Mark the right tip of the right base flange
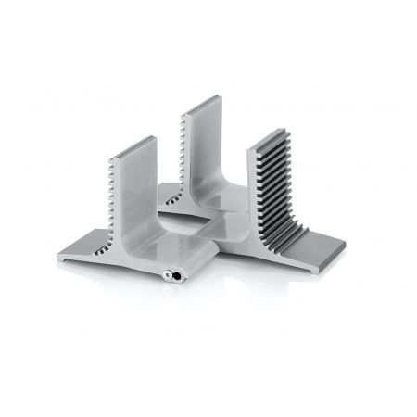(x=343, y=247)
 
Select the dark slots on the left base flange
(x=100, y=248)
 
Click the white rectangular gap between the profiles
(x=190, y=225)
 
